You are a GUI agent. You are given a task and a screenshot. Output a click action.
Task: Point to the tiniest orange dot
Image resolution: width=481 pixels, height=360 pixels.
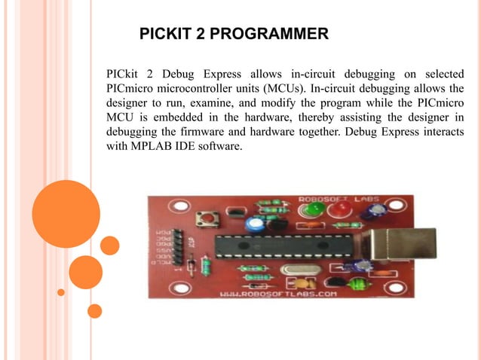tap(61, 292)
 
